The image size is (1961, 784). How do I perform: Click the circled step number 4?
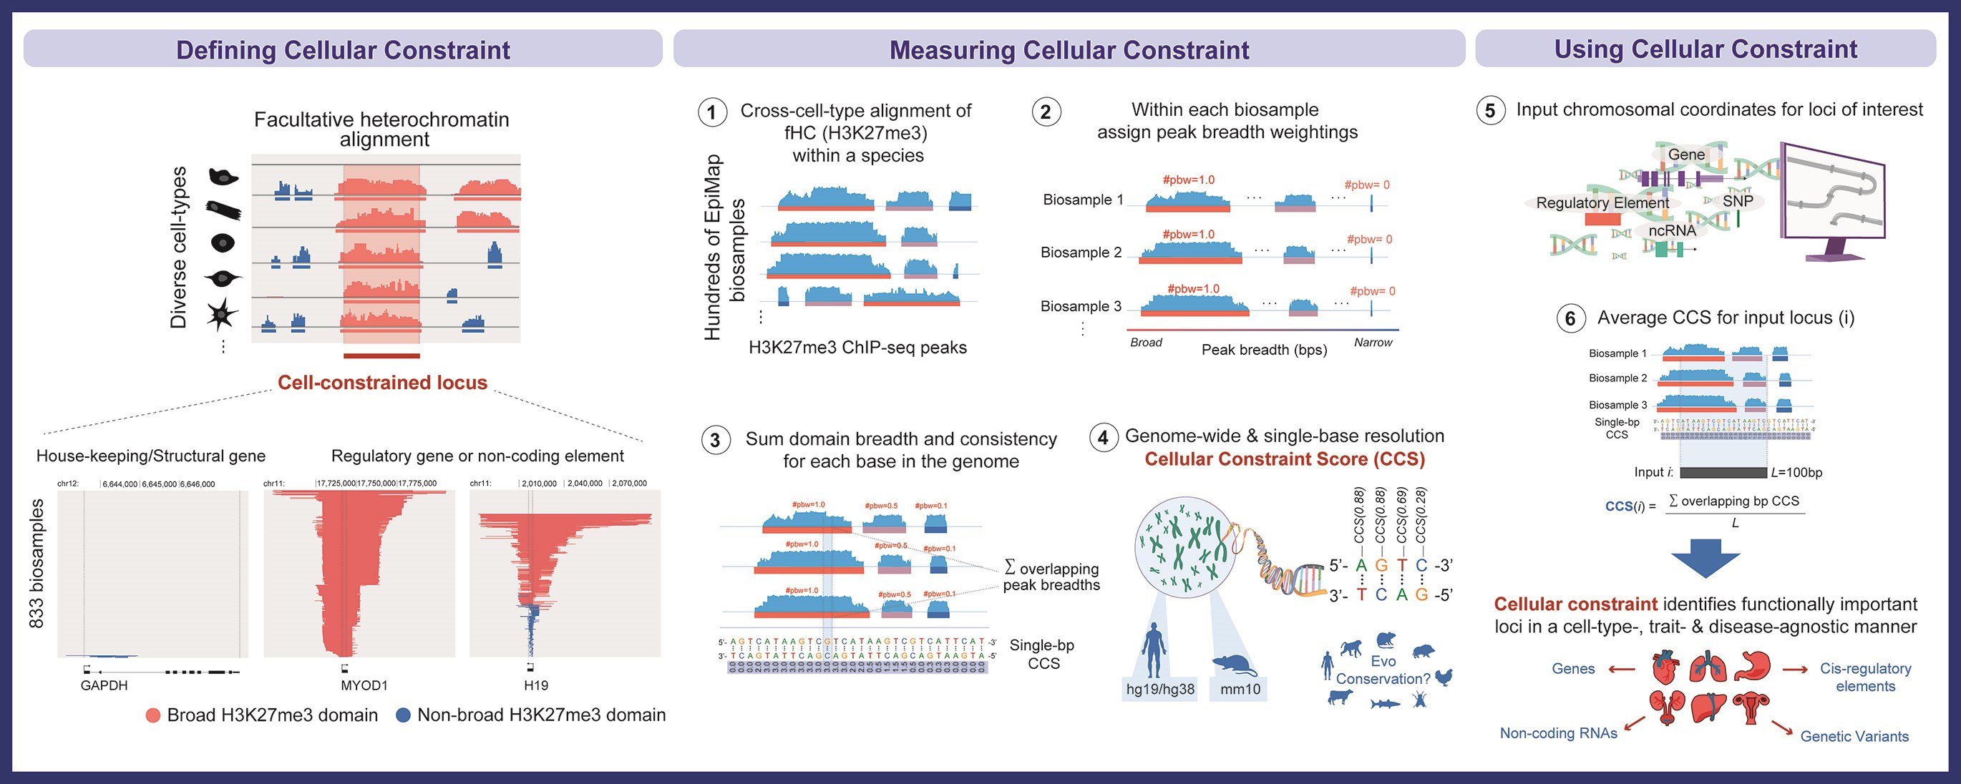click(x=1103, y=438)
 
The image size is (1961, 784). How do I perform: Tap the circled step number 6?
click(x=1570, y=318)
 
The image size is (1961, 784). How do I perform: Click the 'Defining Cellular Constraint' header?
click(x=343, y=49)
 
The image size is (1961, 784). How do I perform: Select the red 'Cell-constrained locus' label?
click(x=382, y=382)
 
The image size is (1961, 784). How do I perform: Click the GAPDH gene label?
click(x=104, y=685)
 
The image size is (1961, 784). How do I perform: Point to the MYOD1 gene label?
click(x=364, y=685)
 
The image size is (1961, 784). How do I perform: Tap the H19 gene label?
click(x=536, y=685)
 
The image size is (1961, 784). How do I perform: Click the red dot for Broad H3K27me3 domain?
click(x=153, y=715)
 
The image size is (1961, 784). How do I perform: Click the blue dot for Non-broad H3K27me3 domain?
click(x=404, y=715)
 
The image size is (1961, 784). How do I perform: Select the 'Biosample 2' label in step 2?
click(x=1081, y=253)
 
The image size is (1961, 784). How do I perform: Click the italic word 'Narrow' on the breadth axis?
click(x=1373, y=343)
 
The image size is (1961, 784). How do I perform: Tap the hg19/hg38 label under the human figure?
click(x=1160, y=690)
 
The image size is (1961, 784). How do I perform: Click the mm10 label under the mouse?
click(x=1240, y=690)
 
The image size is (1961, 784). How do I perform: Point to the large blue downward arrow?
click(x=1705, y=559)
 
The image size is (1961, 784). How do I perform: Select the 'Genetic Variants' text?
click(x=1854, y=736)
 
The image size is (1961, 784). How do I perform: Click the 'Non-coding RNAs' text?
click(x=1558, y=733)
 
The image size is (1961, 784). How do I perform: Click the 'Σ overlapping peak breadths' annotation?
click(x=1051, y=577)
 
